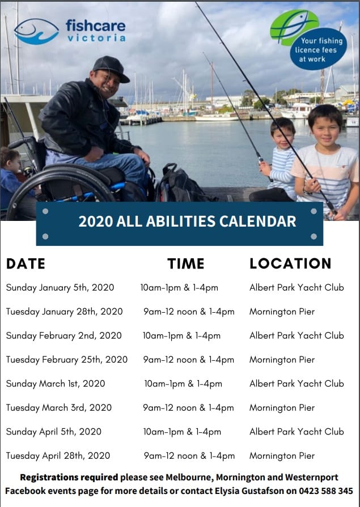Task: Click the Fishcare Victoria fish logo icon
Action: click(36, 31)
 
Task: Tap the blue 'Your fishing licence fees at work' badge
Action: click(318, 49)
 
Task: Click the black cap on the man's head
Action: click(111, 68)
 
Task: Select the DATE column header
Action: click(26, 264)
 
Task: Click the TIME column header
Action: click(186, 264)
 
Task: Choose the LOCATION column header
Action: click(290, 264)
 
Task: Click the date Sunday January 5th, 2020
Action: click(60, 287)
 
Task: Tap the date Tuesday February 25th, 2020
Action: click(67, 360)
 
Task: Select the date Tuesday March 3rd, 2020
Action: click(58, 408)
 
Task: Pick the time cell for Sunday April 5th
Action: click(182, 432)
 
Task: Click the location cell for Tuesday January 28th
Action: click(282, 312)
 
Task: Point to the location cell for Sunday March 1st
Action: click(297, 384)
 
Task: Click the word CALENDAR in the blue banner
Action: click(258, 221)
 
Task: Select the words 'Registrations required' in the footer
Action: click(69, 477)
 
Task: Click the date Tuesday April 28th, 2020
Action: click(58, 455)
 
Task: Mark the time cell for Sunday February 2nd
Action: click(181, 335)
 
